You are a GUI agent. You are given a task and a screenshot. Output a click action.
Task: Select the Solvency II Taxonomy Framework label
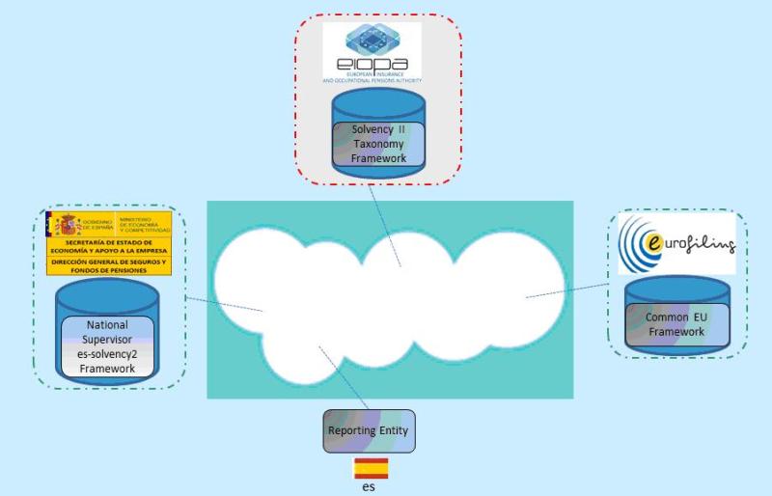[x=372, y=143]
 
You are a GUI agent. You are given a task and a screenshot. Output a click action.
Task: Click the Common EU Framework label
[x=675, y=323]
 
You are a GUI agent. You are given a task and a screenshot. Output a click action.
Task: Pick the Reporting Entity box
[x=370, y=429]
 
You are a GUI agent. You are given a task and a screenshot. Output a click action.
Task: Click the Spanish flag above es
[x=370, y=469]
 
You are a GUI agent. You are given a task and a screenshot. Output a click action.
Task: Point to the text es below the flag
[x=370, y=487]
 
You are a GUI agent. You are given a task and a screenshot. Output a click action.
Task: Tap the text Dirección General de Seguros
[x=109, y=265]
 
